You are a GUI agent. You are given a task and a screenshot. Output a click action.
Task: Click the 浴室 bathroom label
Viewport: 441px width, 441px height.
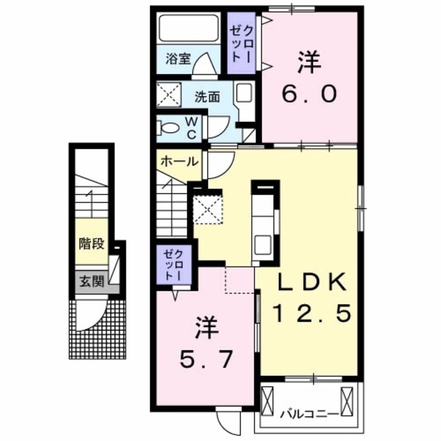(178, 58)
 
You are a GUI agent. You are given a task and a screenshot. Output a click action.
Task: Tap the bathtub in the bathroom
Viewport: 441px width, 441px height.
(188, 29)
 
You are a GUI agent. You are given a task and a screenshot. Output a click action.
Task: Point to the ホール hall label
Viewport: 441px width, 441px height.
(178, 161)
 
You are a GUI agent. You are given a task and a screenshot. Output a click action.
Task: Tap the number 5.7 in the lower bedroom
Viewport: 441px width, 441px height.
(205, 358)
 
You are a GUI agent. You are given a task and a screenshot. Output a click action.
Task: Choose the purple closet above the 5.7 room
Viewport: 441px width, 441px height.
(176, 266)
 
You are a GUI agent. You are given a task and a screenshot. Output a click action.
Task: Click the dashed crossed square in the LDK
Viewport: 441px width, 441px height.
(208, 210)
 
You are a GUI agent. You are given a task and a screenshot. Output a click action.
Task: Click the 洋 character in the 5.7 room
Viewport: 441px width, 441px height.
(205, 329)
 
